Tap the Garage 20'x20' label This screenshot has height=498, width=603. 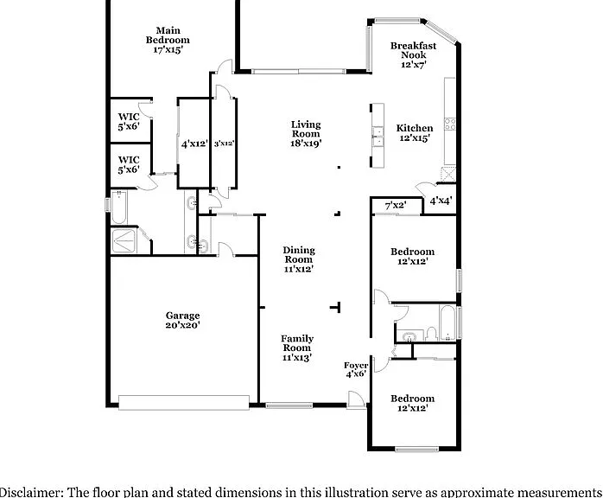point(182,320)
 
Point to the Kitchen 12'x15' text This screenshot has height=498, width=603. point(415,133)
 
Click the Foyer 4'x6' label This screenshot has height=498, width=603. point(356,369)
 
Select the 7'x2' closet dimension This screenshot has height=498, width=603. point(396,206)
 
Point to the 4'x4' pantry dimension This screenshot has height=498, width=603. point(441,201)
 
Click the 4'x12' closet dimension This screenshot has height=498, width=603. point(194,144)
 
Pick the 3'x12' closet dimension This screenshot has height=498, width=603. point(224,144)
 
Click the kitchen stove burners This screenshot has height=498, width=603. point(450,124)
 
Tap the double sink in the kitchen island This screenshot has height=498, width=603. point(378,137)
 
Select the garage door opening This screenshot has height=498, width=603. point(184,403)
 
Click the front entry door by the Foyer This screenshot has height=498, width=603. point(355,399)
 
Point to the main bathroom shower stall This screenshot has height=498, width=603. point(123,241)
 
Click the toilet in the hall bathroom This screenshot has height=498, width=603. point(431,334)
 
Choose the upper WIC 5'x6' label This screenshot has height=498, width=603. point(129,121)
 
